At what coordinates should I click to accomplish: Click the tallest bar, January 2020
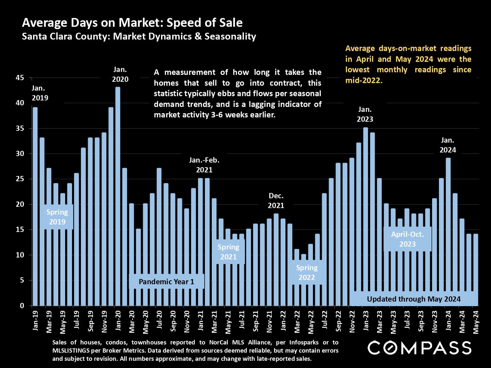(x=118, y=196)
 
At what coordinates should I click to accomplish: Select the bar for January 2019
(x=35, y=206)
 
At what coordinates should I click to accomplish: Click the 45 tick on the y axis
(x=20, y=78)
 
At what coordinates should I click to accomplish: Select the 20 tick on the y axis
(x=20, y=204)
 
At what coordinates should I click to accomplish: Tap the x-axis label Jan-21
(x=201, y=321)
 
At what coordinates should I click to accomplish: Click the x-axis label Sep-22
(x=338, y=321)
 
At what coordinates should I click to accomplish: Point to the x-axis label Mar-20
(x=132, y=321)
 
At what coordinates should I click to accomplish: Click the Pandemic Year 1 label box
(x=166, y=282)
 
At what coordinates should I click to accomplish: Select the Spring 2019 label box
(x=57, y=217)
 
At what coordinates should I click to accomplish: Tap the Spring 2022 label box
(x=307, y=272)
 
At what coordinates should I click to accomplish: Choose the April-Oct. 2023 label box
(x=408, y=239)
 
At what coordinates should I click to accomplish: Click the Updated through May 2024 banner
(x=413, y=299)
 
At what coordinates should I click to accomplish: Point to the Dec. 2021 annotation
(x=276, y=201)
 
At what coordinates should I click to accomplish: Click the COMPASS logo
(x=419, y=348)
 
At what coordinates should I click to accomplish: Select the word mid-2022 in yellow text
(x=363, y=80)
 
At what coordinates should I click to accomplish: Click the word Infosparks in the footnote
(x=304, y=342)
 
